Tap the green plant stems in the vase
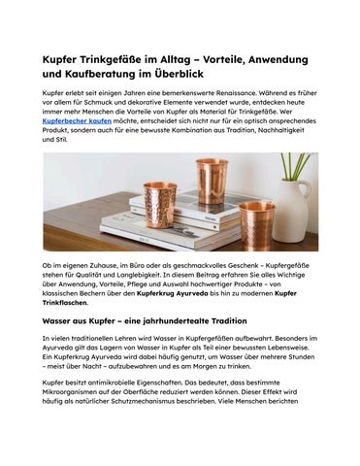294,167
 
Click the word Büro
139,266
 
